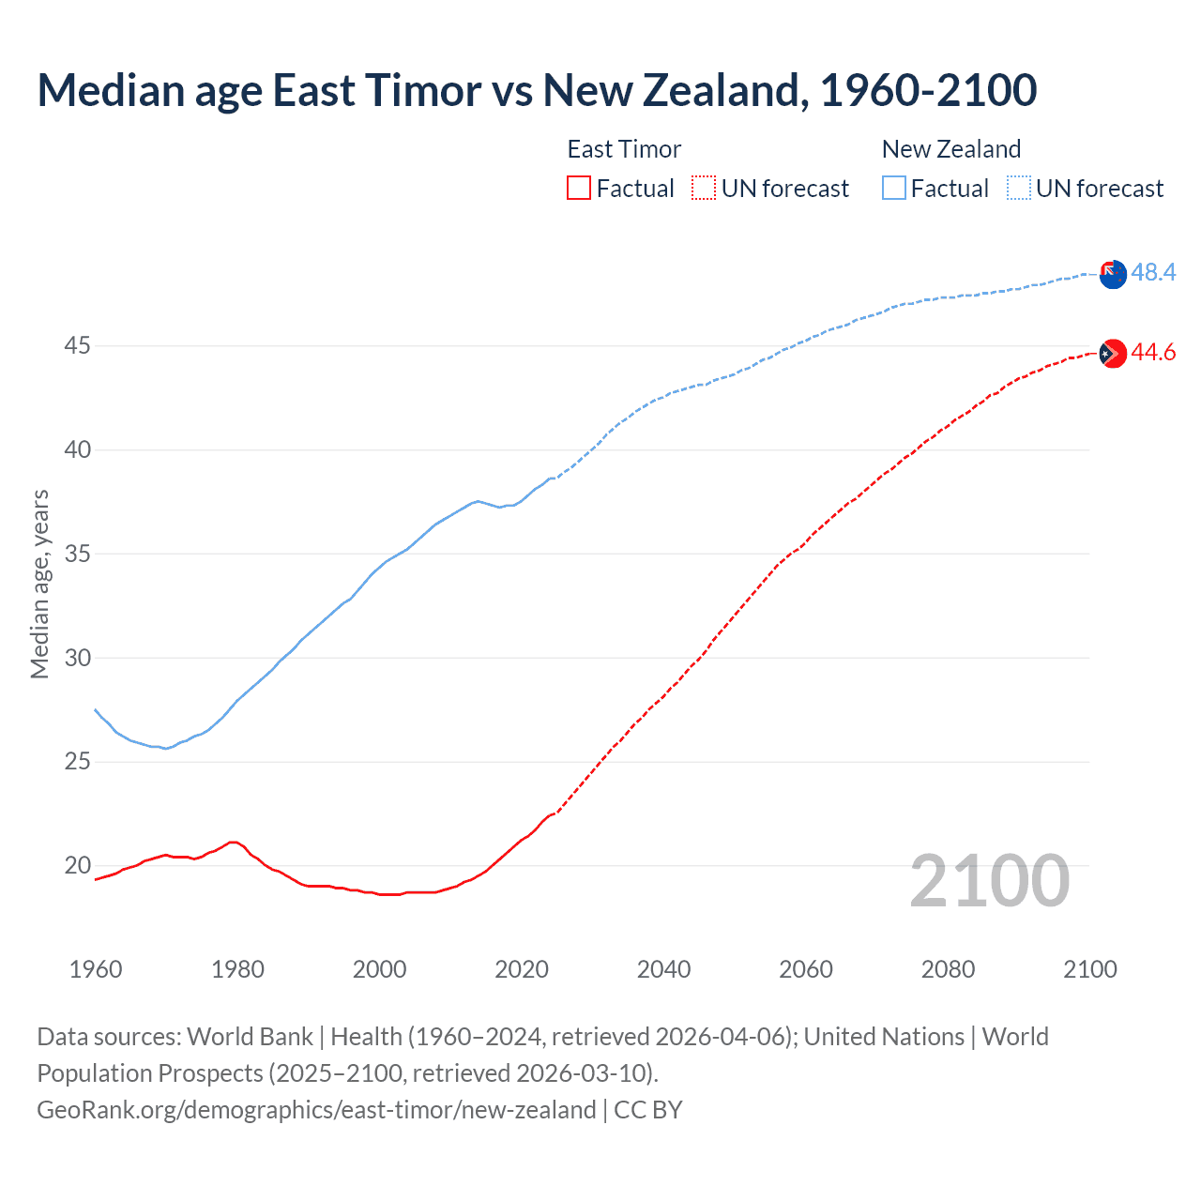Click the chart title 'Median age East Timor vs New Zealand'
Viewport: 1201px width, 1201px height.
(537, 90)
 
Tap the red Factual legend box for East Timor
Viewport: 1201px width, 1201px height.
(579, 189)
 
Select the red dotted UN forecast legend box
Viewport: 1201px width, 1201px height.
(704, 189)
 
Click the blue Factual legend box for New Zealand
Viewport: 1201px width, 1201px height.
(894, 189)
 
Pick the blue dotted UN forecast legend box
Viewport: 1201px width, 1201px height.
(1018, 189)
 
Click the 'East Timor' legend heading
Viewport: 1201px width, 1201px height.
(624, 149)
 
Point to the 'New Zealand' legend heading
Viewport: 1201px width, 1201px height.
(950, 149)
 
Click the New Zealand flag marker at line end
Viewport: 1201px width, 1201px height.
(1112, 275)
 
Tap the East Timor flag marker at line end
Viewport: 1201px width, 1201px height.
(1112, 354)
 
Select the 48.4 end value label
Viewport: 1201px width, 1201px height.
(1153, 273)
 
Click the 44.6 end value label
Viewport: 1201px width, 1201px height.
(1153, 353)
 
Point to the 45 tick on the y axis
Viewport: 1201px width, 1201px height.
(77, 346)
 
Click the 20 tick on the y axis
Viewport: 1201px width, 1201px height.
(77, 865)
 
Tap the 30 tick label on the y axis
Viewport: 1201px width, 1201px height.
(77, 658)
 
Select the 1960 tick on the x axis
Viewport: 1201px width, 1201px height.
(96, 969)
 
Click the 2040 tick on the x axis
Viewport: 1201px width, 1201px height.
(663, 969)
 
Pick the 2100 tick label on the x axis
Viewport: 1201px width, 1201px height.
(1089, 969)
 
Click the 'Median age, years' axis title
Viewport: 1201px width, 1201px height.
(39, 584)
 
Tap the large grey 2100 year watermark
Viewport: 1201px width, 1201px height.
(989, 881)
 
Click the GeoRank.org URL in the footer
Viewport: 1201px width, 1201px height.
(316, 1110)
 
